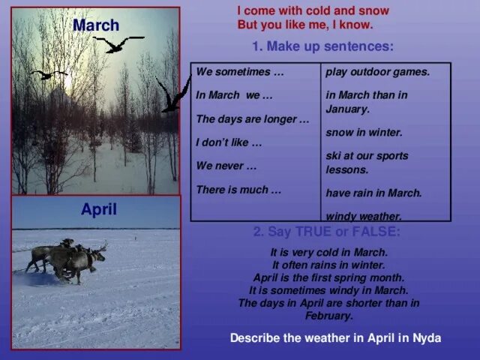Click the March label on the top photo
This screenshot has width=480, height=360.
tap(96, 25)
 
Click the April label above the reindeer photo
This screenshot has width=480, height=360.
tap(99, 210)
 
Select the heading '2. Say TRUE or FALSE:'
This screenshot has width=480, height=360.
tap(326, 232)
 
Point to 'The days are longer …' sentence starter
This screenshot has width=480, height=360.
tap(252, 119)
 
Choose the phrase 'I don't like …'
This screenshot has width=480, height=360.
tap(229, 142)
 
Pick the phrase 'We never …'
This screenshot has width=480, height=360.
tap(226, 166)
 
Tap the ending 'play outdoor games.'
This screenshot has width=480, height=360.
tap(378, 72)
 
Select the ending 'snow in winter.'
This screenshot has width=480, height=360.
tap(364, 132)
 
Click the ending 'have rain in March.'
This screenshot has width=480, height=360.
tap(374, 193)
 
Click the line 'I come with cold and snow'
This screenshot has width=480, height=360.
tap(313, 11)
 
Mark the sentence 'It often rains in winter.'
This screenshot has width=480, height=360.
tap(328, 265)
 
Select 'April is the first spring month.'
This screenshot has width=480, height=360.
tap(328, 277)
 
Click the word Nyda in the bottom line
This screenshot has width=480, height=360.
tap(426, 338)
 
